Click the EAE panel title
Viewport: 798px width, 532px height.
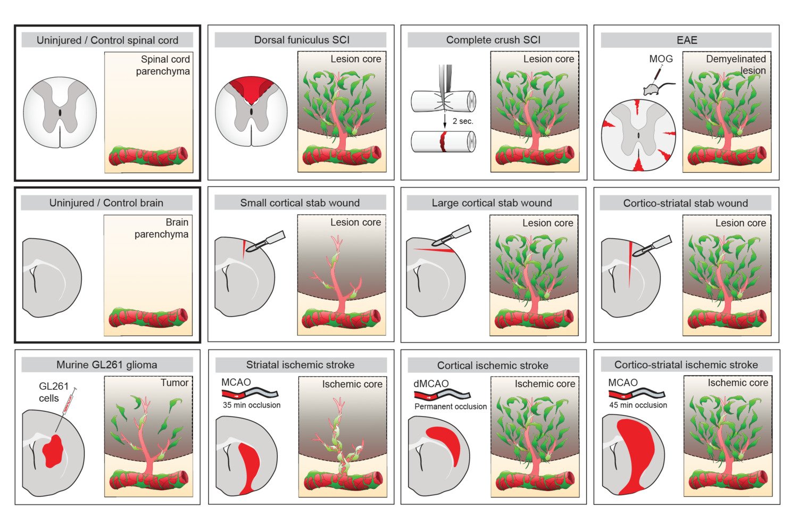[686, 40]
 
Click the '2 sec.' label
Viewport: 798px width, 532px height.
[462, 121]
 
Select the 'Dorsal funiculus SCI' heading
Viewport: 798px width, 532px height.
[302, 40]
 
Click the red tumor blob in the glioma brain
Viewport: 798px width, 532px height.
[53, 450]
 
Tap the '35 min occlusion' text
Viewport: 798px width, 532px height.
[252, 405]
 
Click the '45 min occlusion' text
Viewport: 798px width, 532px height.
[638, 405]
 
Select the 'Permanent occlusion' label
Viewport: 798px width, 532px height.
[451, 406]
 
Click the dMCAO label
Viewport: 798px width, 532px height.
[431, 384]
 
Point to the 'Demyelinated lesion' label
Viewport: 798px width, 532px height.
[737, 64]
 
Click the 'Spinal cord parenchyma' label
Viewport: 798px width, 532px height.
[164, 65]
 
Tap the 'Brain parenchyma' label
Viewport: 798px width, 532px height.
[162, 228]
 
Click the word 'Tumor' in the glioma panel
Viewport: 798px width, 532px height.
[174, 383]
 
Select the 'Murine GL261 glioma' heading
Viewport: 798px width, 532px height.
[106, 365]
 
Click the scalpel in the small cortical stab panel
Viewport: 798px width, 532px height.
[266, 242]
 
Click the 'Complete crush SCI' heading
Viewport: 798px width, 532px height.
[493, 40]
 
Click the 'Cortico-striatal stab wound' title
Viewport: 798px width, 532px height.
[685, 203]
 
